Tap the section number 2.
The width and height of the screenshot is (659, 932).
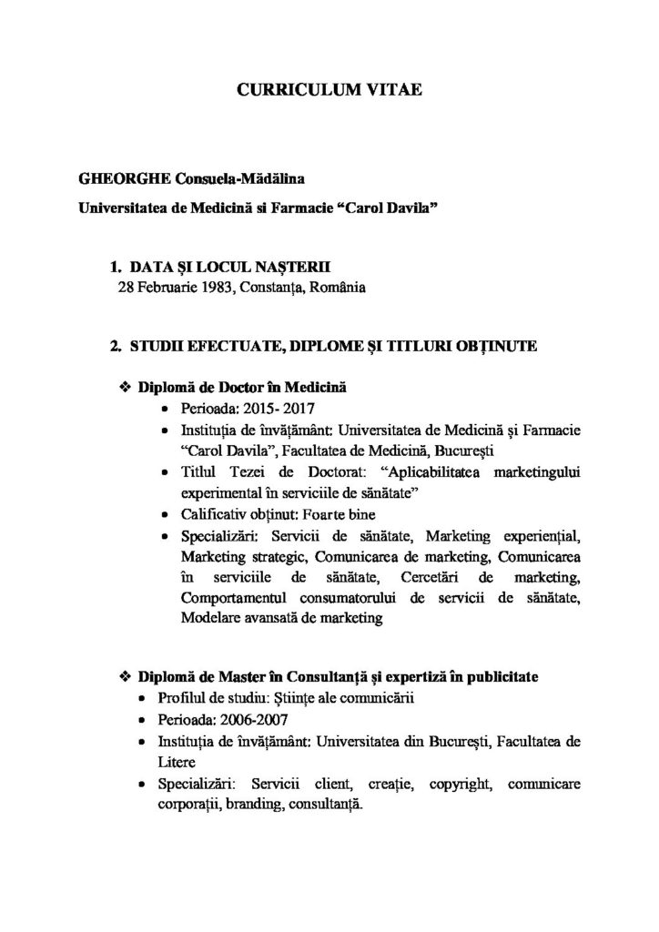tap(114, 346)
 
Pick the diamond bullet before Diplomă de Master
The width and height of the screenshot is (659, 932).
tap(127, 679)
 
